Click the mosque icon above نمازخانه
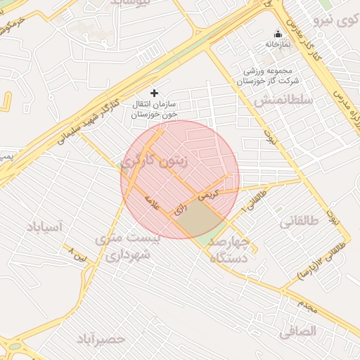click(x=278, y=34)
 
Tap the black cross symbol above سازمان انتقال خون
click(x=155, y=92)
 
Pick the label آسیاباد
click(x=45, y=226)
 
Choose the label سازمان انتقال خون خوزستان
click(x=155, y=108)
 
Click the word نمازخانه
click(x=278, y=44)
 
